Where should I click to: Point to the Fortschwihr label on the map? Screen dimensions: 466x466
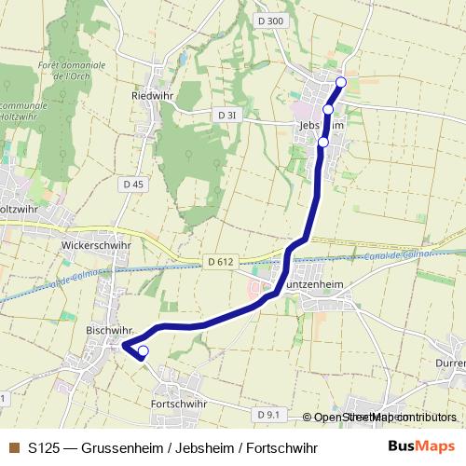(178, 404)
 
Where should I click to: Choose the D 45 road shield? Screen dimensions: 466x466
(133, 185)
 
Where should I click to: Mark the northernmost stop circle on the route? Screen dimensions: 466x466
(340, 83)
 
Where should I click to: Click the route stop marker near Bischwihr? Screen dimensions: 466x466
(143, 351)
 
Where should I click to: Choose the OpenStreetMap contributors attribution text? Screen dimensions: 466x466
(386, 417)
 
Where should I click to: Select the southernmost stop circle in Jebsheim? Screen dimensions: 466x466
(322, 142)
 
